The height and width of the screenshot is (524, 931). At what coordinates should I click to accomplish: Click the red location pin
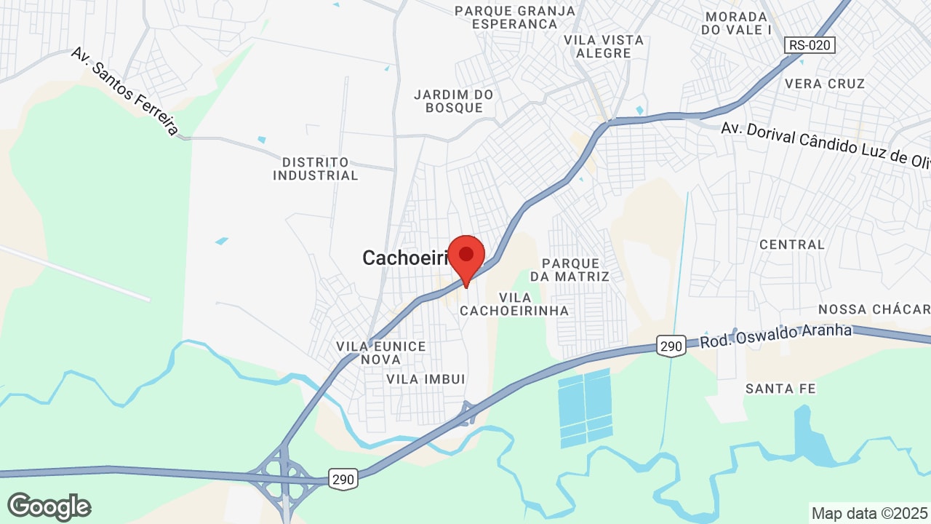click(466, 256)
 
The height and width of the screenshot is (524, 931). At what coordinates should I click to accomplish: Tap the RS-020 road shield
click(810, 45)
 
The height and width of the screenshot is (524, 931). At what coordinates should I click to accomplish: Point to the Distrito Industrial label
click(316, 169)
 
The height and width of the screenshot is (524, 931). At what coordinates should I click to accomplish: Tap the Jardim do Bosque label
click(453, 101)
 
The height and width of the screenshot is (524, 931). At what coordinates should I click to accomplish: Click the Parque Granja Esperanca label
click(514, 17)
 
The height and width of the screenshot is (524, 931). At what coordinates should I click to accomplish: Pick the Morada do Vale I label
click(737, 23)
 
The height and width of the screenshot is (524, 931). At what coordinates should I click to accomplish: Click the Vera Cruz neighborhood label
click(825, 84)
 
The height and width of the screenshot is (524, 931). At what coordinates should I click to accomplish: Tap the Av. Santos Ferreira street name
click(125, 92)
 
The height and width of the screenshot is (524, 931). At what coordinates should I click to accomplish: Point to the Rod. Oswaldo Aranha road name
click(775, 336)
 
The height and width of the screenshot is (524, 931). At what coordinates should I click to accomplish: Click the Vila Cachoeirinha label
click(514, 304)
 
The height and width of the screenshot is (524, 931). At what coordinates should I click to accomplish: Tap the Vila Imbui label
click(425, 379)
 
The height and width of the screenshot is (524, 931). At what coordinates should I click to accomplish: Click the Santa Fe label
click(780, 389)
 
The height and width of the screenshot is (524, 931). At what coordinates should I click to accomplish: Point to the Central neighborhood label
click(792, 245)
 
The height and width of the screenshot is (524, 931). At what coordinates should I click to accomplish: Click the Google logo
click(49, 507)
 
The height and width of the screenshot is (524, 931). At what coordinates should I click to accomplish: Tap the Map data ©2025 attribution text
click(869, 513)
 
